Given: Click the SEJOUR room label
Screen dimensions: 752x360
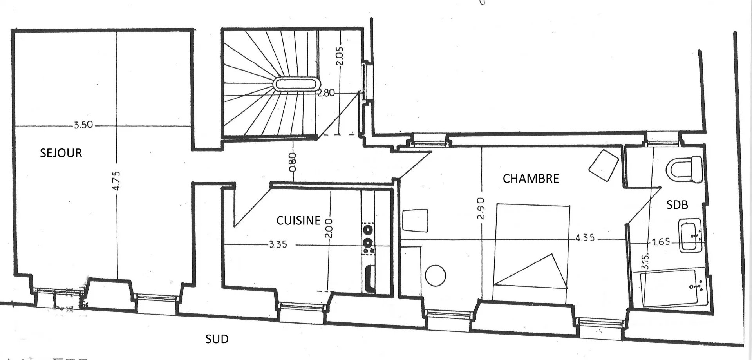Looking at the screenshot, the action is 61,153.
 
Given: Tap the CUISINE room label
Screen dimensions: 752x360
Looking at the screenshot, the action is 298,221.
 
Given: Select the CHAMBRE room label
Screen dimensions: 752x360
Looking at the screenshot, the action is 531,179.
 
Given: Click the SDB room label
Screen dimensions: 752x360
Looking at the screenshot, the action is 677,204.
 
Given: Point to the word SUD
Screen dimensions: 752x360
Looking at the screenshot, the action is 217,339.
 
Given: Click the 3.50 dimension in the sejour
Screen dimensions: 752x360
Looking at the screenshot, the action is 83,125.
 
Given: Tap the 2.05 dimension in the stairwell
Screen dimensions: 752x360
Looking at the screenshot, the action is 339,56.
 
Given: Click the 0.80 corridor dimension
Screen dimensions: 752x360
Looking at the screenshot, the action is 293,162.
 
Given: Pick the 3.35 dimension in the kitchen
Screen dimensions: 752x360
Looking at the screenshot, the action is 278,244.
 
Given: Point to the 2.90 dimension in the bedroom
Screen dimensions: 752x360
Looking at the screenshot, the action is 481,208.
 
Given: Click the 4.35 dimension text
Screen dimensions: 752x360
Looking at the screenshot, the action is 585,238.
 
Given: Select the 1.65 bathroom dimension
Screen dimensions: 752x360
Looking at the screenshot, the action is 661,242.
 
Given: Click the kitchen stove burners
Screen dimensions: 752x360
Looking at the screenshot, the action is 368,239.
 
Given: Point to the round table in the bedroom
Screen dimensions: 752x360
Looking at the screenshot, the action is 436,275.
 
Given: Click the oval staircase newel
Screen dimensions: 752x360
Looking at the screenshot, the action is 296,84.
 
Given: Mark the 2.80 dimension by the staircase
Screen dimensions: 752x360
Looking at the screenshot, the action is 326,93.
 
